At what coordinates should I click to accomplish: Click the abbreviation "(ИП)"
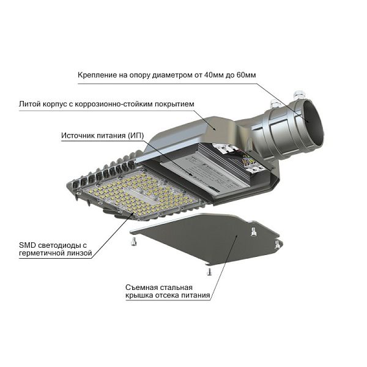[136, 136]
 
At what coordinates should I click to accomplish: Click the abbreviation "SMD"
[28, 245]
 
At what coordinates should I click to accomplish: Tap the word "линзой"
[79, 253]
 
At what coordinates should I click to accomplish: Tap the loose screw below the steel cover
[209, 272]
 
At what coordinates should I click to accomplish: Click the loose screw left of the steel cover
[133, 242]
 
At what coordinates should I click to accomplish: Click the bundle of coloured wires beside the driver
[247, 160]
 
